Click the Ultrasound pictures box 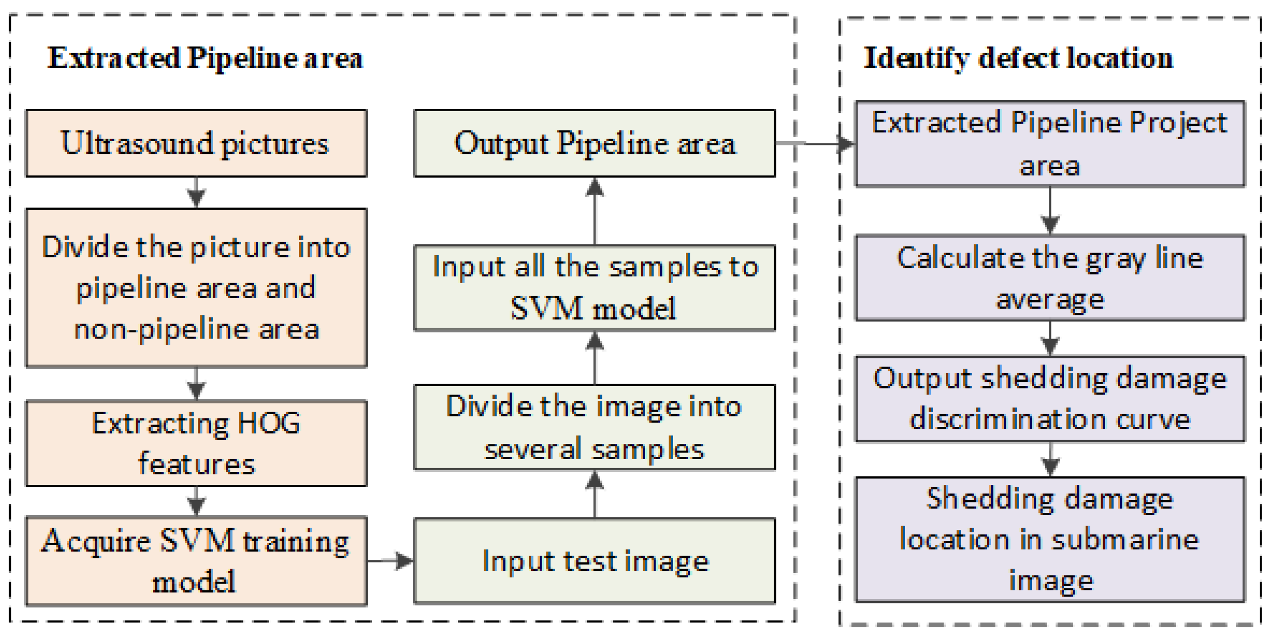[x=196, y=143]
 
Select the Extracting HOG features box [x=196, y=443]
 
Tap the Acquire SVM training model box [x=196, y=561]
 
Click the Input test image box [x=594, y=561]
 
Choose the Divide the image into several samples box [x=594, y=427]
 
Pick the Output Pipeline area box [x=594, y=143]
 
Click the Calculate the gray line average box [x=1049, y=278]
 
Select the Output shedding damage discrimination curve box [x=1049, y=399]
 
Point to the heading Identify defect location [x=1018, y=58]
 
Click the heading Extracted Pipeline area [x=205, y=58]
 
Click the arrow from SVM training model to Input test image [x=390, y=561]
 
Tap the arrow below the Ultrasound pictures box [x=197, y=192]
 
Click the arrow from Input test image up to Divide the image [x=594, y=494]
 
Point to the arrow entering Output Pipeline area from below [x=594, y=211]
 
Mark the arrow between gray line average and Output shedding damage [x=1049, y=338]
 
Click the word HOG [x=269, y=424]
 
